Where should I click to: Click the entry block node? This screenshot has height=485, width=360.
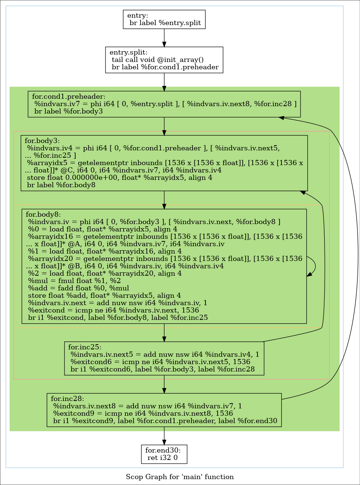164,19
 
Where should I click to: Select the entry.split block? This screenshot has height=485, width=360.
164,60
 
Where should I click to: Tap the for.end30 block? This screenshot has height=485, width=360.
164,454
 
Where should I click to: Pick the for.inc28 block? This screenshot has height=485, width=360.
164,410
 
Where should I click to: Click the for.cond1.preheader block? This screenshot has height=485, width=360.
164,104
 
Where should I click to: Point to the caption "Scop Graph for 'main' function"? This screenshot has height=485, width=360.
180,477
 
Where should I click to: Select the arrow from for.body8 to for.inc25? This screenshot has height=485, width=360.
164,332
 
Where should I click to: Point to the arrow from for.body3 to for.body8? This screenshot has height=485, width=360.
164,199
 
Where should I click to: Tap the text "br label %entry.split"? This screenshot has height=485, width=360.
165,23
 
